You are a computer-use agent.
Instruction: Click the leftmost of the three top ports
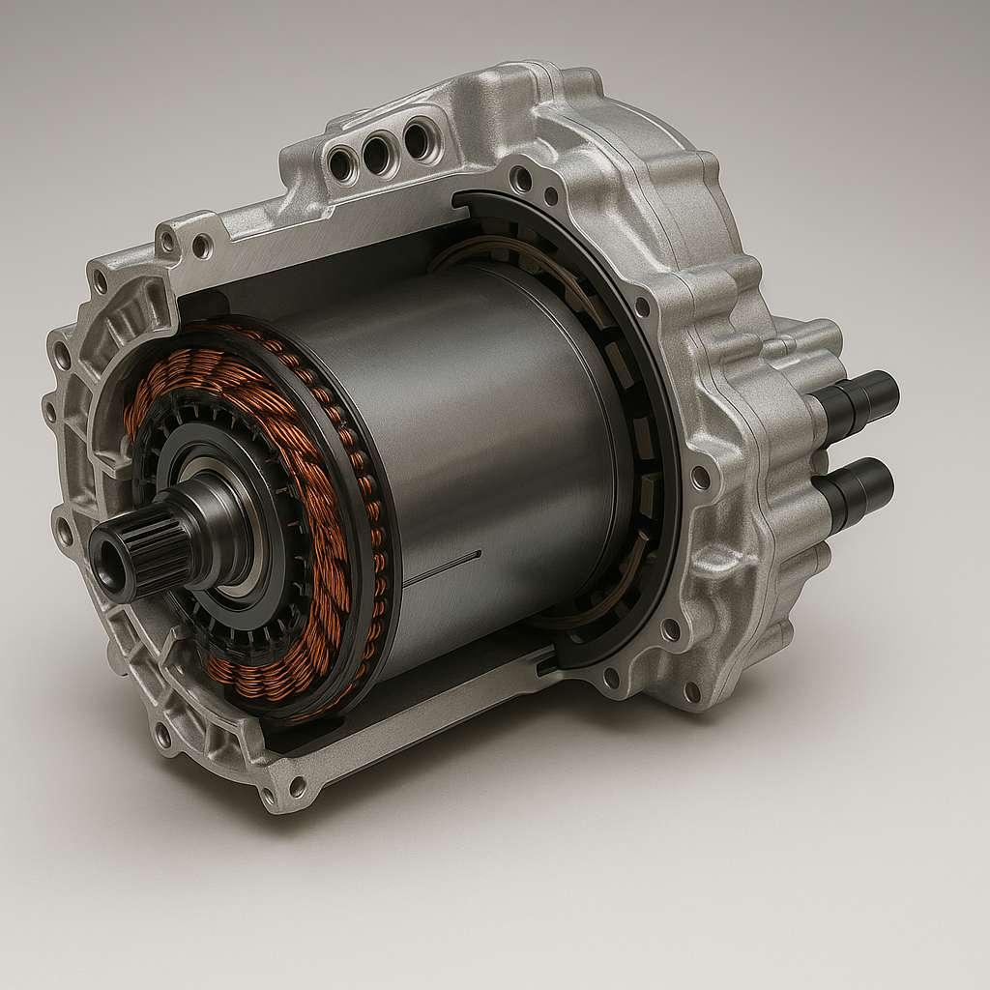pyautogui.click(x=341, y=164)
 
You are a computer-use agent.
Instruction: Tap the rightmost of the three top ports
pyautogui.click(x=418, y=141)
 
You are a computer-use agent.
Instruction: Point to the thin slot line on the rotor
pyautogui.click(x=442, y=568)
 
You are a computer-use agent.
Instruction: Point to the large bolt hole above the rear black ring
pyautogui.click(x=522, y=179)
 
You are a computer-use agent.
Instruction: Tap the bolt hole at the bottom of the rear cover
pyautogui.click(x=691, y=691)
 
